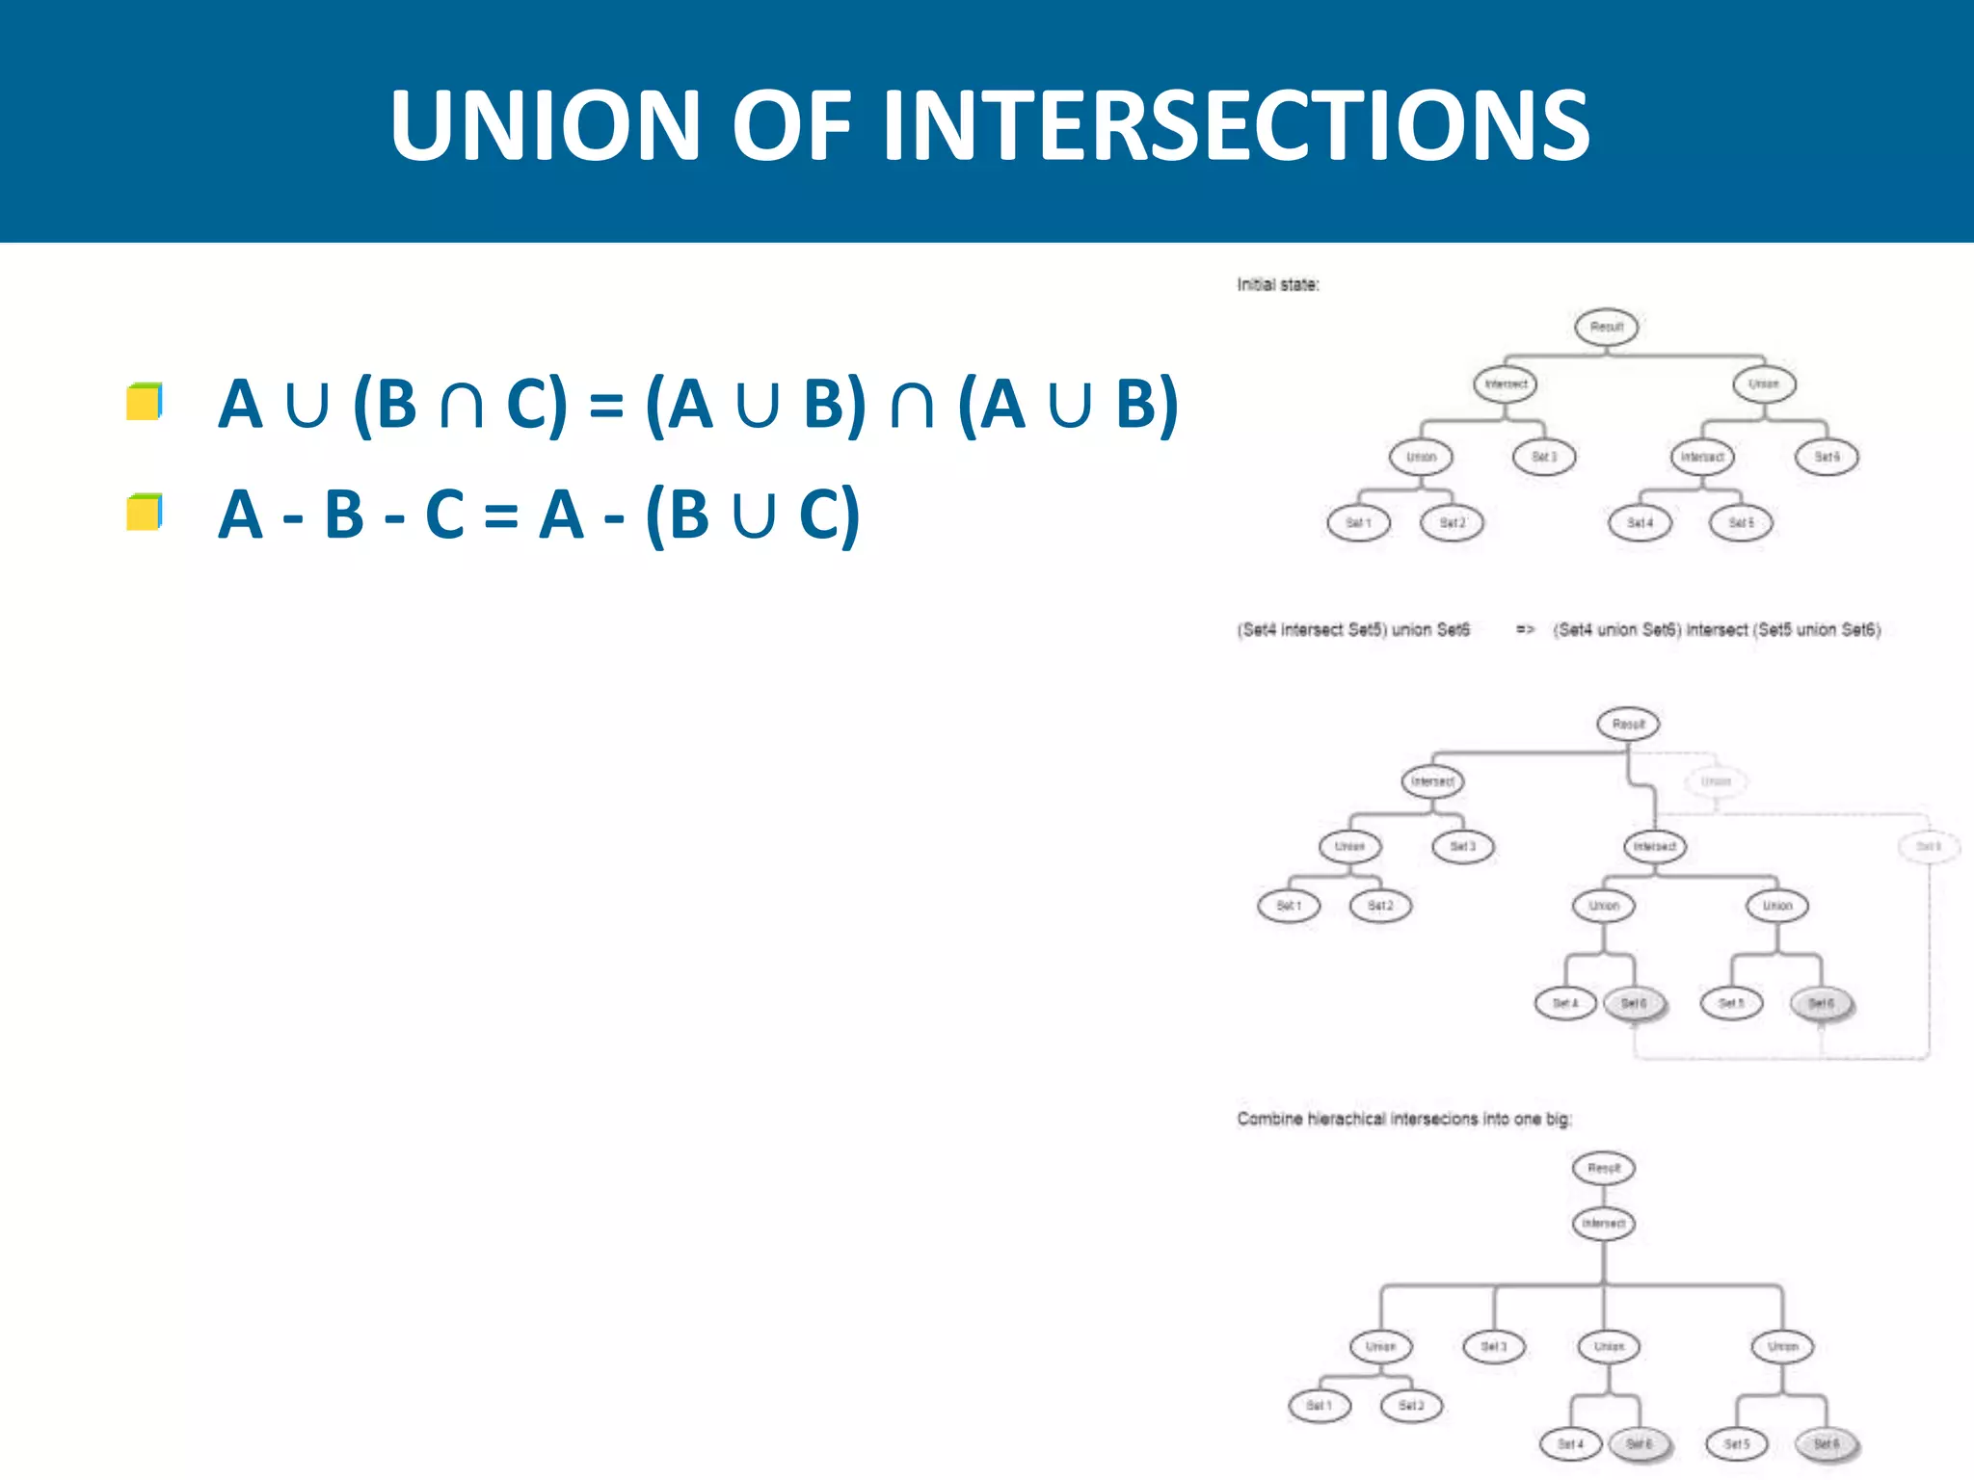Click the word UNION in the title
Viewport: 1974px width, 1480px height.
pyautogui.click(x=545, y=125)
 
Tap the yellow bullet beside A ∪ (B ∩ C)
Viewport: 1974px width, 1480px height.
pyautogui.click(x=144, y=402)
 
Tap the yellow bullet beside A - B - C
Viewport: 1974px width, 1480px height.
pyautogui.click(x=144, y=512)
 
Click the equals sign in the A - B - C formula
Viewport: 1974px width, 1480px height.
pyautogui.click(x=500, y=515)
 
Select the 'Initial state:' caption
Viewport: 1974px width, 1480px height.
pyautogui.click(x=1278, y=285)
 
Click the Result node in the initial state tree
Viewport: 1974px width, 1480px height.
pyautogui.click(x=1607, y=327)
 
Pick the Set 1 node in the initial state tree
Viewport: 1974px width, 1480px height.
pyautogui.click(x=1358, y=523)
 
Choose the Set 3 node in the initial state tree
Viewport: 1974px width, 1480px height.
pyautogui.click(x=1544, y=457)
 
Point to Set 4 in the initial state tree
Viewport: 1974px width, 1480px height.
pyautogui.click(x=1640, y=523)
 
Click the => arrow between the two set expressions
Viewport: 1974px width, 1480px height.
pyautogui.click(x=1525, y=630)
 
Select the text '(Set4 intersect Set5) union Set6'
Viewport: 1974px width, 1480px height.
pyautogui.click(x=1353, y=630)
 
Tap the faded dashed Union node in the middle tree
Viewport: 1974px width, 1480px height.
pyautogui.click(x=1716, y=781)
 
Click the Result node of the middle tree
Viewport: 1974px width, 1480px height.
pyautogui.click(x=1628, y=725)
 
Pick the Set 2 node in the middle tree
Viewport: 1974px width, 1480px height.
pyautogui.click(x=1380, y=906)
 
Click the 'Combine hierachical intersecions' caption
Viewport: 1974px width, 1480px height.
pyautogui.click(x=1403, y=1119)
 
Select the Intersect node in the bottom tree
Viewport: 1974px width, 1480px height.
pyautogui.click(x=1604, y=1224)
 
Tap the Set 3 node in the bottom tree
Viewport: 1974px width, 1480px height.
pyautogui.click(x=1494, y=1346)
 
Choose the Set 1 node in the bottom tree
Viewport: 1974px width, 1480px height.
pyautogui.click(x=1320, y=1406)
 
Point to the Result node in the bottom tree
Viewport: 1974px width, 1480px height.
pyautogui.click(x=1604, y=1169)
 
